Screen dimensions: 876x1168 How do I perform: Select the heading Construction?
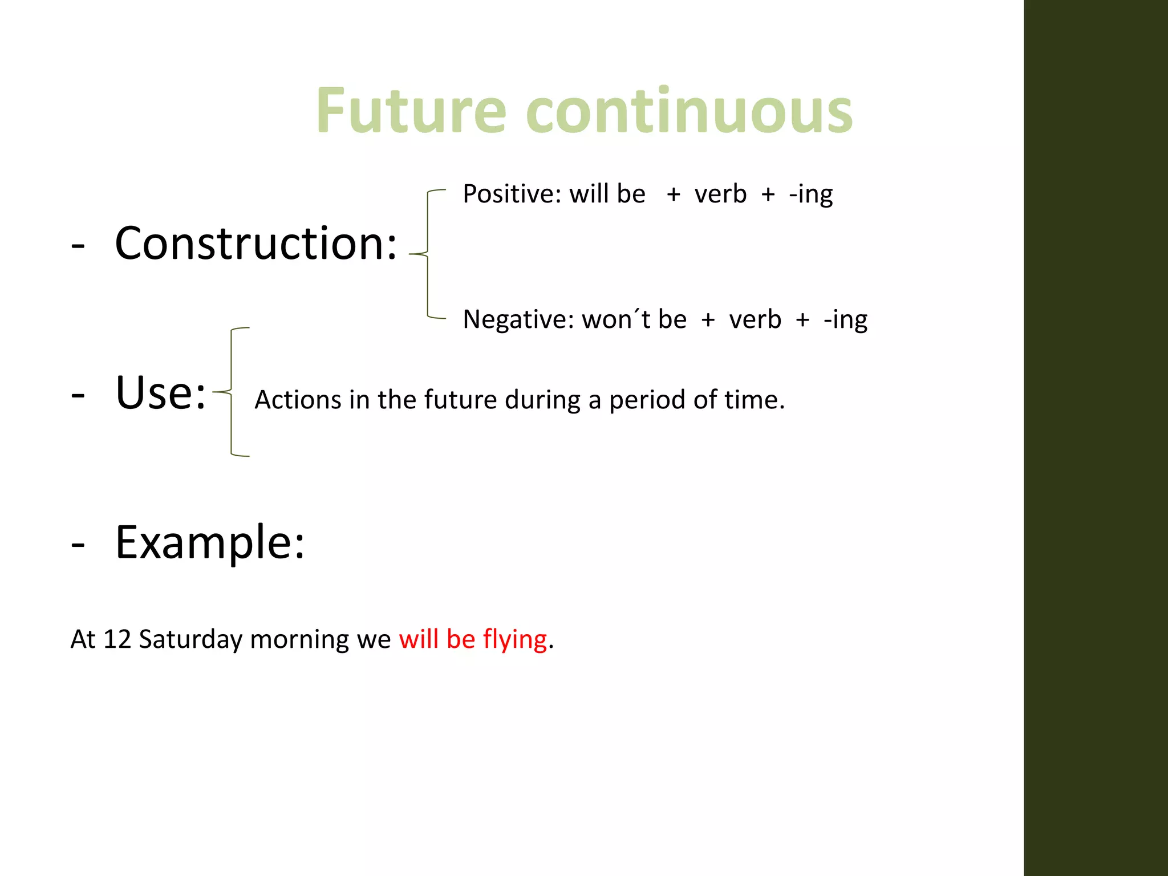tap(255, 244)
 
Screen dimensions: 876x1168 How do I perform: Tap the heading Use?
tap(160, 393)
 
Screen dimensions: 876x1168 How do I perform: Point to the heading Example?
tap(210, 542)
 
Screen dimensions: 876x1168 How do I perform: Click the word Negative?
tap(518, 319)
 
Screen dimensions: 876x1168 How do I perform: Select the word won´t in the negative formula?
tap(616, 319)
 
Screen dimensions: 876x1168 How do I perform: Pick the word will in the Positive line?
tap(590, 194)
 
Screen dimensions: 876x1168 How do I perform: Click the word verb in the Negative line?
tap(755, 319)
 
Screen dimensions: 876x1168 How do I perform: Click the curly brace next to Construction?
tap(428, 254)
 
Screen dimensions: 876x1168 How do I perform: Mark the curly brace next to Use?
tap(231, 392)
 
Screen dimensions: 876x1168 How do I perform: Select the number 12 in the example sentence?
tap(117, 639)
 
